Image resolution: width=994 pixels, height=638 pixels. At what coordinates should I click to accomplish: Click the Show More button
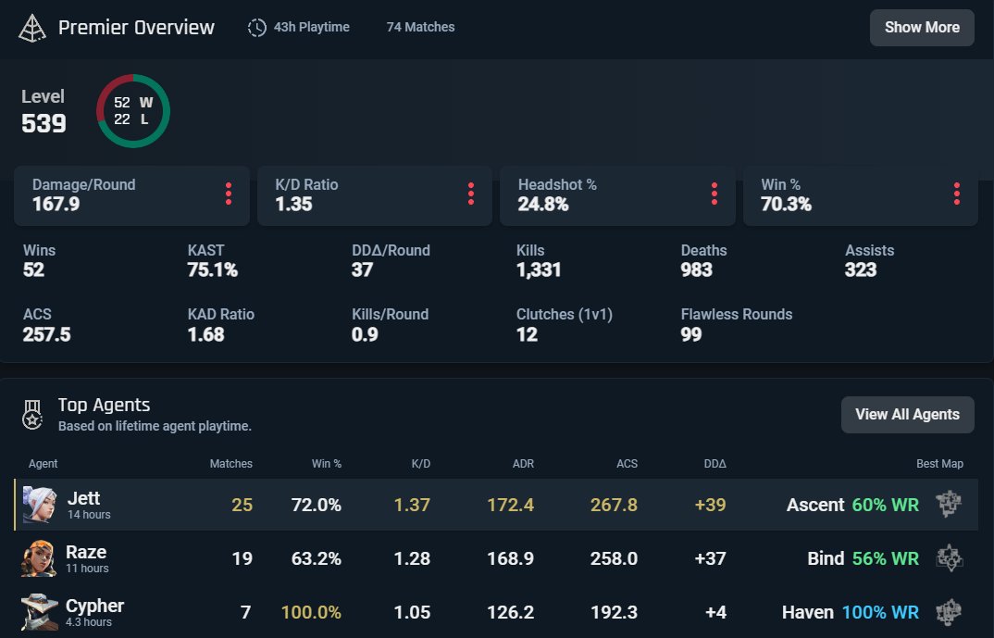[x=921, y=28]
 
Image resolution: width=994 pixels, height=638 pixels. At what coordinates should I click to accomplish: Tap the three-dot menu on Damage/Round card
[x=229, y=194]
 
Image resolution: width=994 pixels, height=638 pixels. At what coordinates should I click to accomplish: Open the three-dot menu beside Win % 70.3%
[x=956, y=194]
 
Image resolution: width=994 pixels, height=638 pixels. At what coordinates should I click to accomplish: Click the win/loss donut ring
[x=133, y=110]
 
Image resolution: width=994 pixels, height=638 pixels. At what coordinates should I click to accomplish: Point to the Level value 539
[x=43, y=123]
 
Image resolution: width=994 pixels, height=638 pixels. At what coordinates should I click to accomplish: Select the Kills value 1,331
[x=539, y=270]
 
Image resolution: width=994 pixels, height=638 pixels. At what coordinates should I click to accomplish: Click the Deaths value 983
[x=696, y=270]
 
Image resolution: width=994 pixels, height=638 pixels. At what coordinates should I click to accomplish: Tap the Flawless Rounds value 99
[x=690, y=334]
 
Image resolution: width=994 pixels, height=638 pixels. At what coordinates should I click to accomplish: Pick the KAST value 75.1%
[x=212, y=270]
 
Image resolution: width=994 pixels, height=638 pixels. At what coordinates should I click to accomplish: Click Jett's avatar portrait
[x=40, y=505]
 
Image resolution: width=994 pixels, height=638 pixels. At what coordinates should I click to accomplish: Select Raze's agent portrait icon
[x=40, y=558]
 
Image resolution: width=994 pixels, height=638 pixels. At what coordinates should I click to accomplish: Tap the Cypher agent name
[x=94, y=606]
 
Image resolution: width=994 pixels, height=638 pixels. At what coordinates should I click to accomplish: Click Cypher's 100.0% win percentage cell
[x=311, y=612]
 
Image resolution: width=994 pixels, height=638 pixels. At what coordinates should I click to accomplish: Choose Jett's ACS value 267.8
[x=614, y=505]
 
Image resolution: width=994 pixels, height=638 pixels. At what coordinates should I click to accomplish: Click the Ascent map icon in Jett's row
[x=949, y=505]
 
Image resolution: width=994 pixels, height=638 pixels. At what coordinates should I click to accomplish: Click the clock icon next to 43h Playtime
[x=257, y=28]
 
